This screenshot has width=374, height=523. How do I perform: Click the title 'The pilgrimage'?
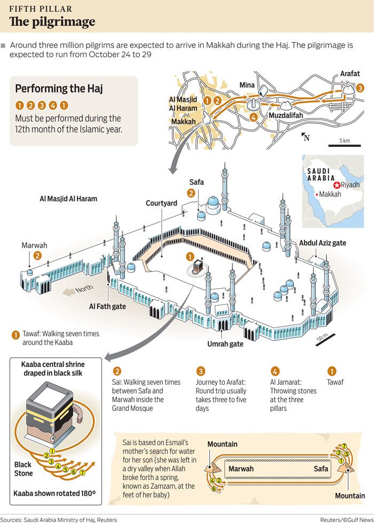[x=52, y=22]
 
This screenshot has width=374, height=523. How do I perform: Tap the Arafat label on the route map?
[x=350, y=74]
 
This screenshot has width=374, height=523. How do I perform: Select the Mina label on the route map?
[x=247, y=85]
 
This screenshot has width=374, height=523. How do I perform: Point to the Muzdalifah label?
[x=286, y=115]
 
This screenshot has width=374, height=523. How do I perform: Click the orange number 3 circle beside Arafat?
[x=360, y=88]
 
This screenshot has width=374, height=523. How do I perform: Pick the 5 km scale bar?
[x=345, y=145]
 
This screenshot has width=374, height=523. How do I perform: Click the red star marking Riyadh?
[x=337, y=185]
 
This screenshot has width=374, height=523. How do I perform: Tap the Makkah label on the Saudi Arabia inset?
[x=330, y=194]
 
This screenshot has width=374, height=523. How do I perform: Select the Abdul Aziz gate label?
[x=323, y=243]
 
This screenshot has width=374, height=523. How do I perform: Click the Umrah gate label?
[x=225, y=344]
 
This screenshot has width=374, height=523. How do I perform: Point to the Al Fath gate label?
[x=107, y=306]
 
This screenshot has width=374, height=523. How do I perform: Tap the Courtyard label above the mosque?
[x=161, y=203]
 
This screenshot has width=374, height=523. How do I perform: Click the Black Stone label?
[x=24, y=469]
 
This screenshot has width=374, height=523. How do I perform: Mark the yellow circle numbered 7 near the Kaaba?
[x=82, y=472]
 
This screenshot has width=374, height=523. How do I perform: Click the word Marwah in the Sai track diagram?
[x=241, y=469]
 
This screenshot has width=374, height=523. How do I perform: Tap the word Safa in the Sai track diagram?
[x=321, y=469]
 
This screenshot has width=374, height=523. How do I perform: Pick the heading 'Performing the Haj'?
[x=59, y=89]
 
